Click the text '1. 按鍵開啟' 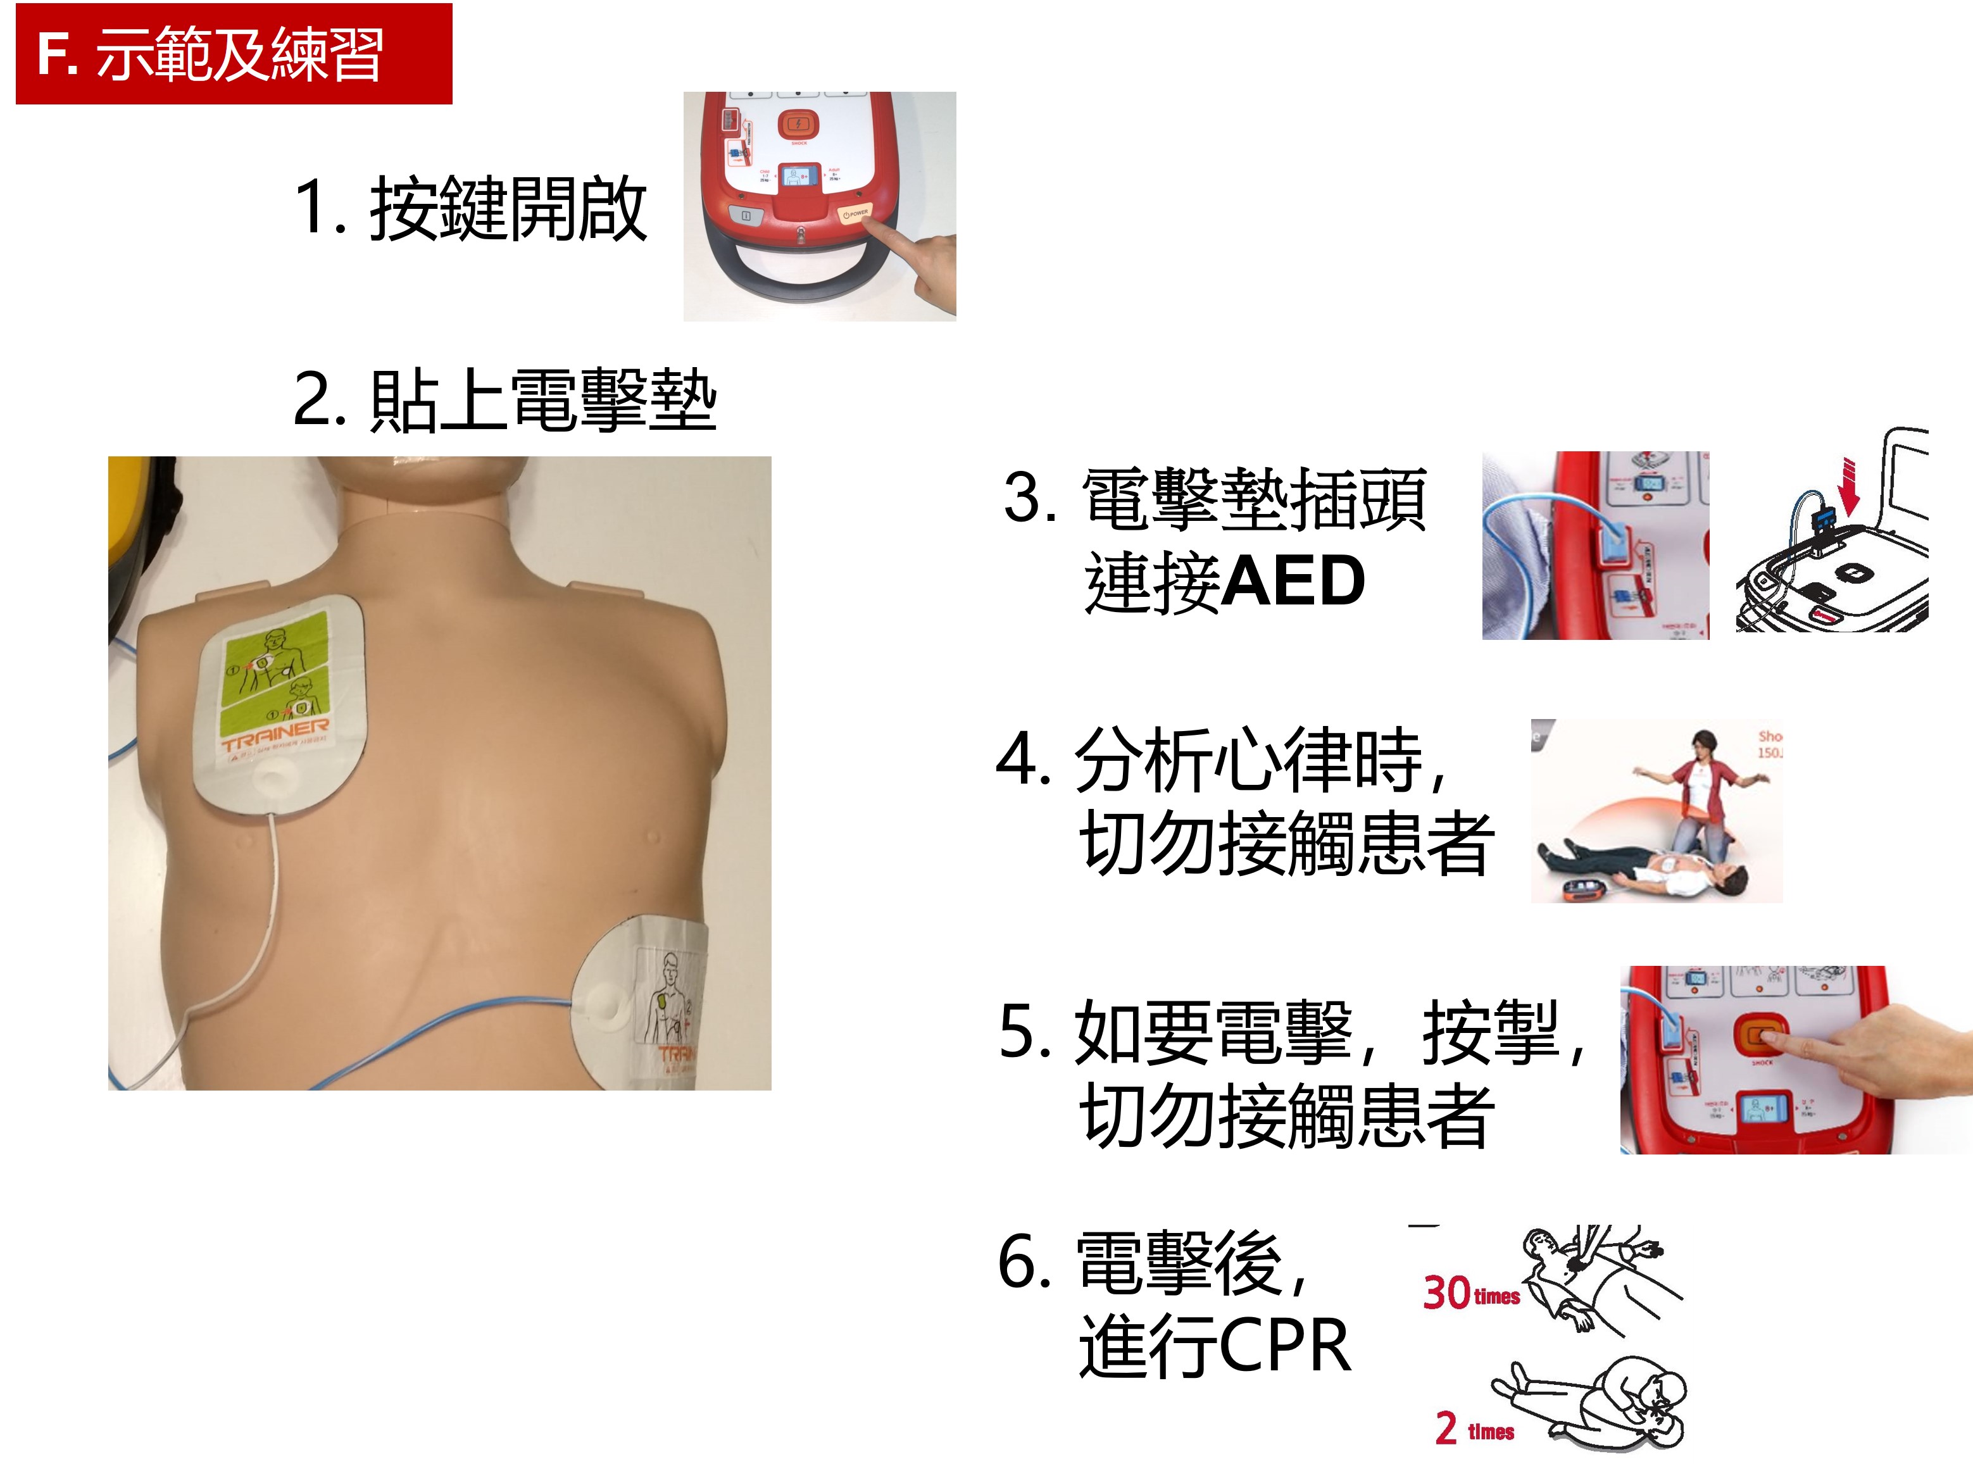tap(470, 209)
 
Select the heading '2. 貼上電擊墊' tap(503, 401)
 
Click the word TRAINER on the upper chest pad tap(275, 734)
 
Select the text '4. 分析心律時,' tap(1218, 760)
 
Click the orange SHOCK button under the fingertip tap(1760, 1034)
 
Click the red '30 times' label tap(1470, 1293)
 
